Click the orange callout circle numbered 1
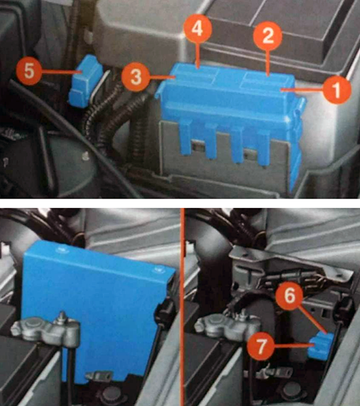(336, 89)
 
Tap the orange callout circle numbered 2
(268, 35)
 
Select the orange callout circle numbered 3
(135, 78)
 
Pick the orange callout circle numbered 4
(197, 29)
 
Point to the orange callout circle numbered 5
(30, 71)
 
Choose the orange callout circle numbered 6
(289, 296)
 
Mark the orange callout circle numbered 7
(261, 346)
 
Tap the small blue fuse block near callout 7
(320, 346)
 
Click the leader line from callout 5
(60, 73)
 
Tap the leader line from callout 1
(302, 89)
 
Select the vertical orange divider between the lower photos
(184, 307)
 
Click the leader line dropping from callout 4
(197, 55)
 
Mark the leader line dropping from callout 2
(268, 63)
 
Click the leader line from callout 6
(312, 320)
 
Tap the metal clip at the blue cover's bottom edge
(99, 375)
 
